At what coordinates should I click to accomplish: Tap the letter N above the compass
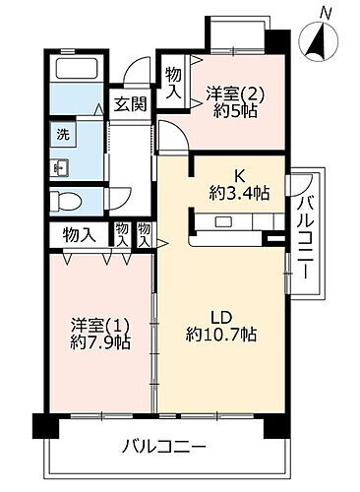[x=326, y=13]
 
